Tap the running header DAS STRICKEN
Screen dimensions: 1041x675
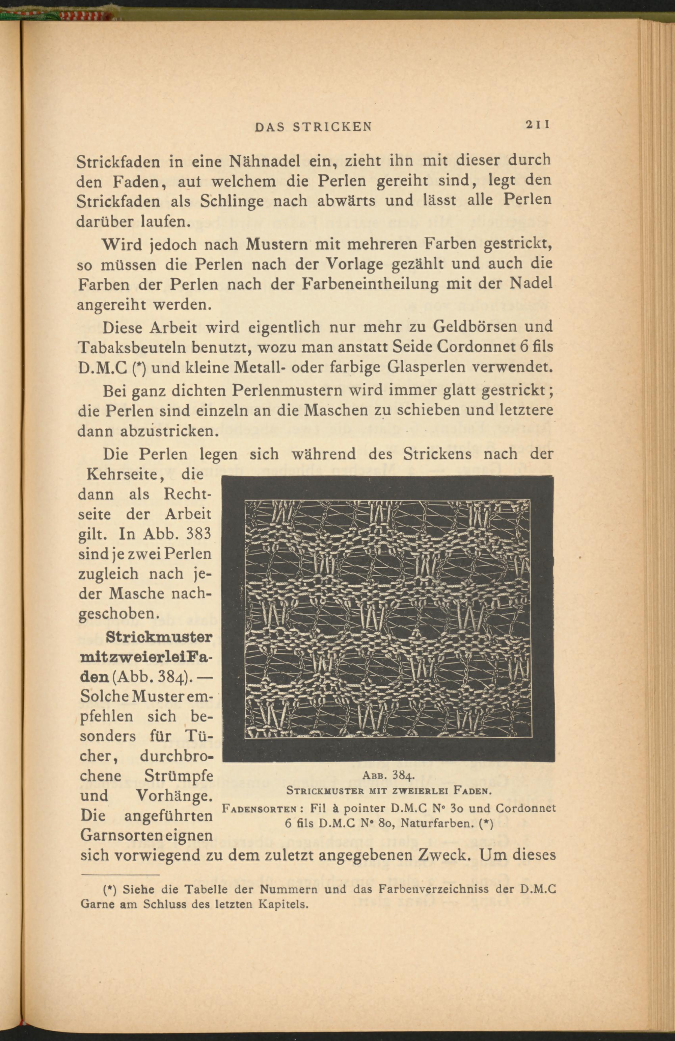(314, 127)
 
